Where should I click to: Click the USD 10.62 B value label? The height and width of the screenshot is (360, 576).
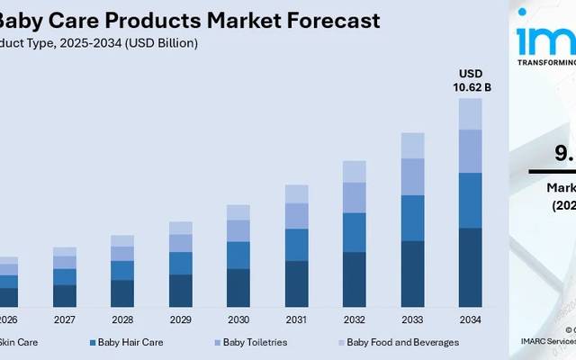coord(471,80)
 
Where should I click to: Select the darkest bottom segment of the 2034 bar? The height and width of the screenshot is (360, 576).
coord(471,267)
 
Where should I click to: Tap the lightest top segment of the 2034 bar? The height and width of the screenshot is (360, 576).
coord(471,113)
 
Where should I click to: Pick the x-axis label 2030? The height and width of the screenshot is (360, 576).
coord(238,319)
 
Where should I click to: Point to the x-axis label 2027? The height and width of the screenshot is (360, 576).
coord(65,319)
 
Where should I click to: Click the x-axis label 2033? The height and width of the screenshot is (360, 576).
coord(412,319)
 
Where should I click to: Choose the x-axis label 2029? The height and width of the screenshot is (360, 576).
coord(181,319)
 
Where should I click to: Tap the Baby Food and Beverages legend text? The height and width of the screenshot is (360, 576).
coord(402,342)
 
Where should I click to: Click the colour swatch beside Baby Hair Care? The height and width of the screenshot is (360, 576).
coord(93,343)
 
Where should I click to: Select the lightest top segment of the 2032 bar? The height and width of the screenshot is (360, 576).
coord(355,171)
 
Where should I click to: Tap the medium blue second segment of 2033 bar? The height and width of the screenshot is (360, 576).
coord(412,218)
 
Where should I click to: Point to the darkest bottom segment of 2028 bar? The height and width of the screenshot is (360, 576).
coord(122,292)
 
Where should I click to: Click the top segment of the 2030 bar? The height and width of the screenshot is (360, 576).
coord(238,211)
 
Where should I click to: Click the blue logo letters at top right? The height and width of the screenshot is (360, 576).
coord(545,40)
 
